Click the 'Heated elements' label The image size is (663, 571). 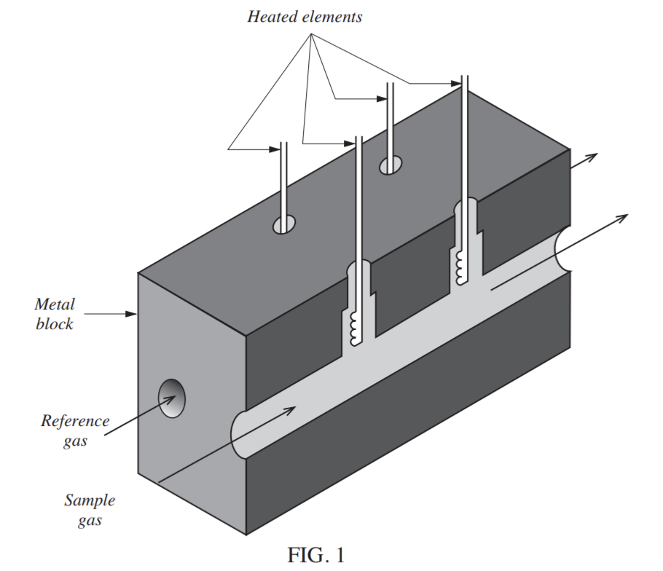pos(305,17)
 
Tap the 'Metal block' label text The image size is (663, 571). pos(55,314)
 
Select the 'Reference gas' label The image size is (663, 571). pos(75,430)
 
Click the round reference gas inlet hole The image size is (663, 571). pos(172,399)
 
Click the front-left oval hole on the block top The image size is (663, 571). pos(284,224)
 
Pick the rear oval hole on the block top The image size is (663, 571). pos(391,165)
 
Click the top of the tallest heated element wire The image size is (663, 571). pos(464,76)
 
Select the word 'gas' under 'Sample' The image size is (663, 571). pos(90,521)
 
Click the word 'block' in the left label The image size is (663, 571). pos(55,324)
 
